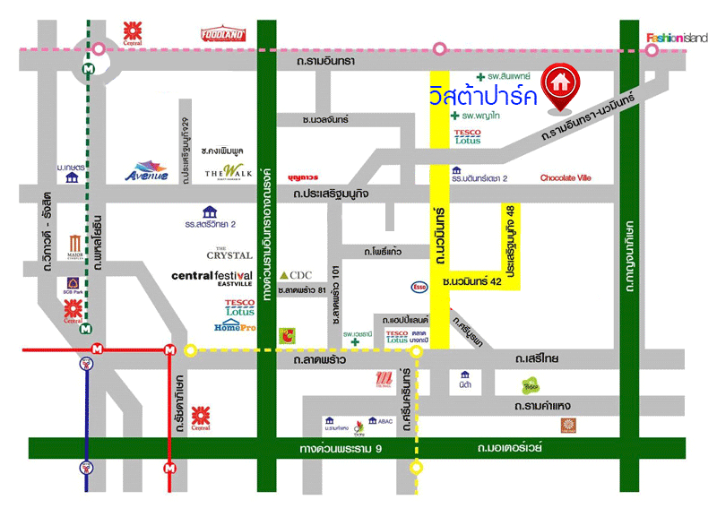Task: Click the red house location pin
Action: (561, 83)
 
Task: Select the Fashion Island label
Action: (677, 38)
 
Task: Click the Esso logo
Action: (419, 287)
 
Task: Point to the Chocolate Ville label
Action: (566, 178)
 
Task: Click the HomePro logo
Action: (236, 326)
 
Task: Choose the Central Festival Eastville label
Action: (212, 279)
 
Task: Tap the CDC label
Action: (295, 274)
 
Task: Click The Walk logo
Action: (223, 171)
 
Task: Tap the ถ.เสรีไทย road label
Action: (537, 358)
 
